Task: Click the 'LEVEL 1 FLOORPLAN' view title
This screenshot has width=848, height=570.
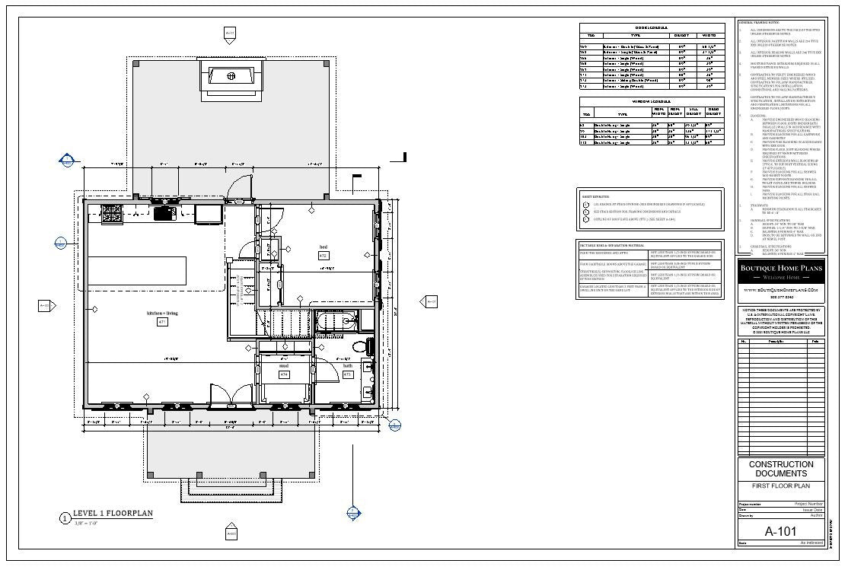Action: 113,514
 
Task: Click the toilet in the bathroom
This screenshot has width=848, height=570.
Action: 360,347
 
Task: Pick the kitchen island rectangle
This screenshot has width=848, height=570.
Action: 137,269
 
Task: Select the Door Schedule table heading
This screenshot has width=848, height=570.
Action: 652,27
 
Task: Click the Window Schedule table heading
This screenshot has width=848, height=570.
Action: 652,101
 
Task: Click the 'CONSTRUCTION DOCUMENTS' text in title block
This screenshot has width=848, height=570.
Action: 781,469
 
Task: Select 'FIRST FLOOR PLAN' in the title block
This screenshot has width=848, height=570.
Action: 781,486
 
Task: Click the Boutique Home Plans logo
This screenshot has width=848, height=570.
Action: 781,272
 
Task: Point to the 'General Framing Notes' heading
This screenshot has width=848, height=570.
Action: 759,23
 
